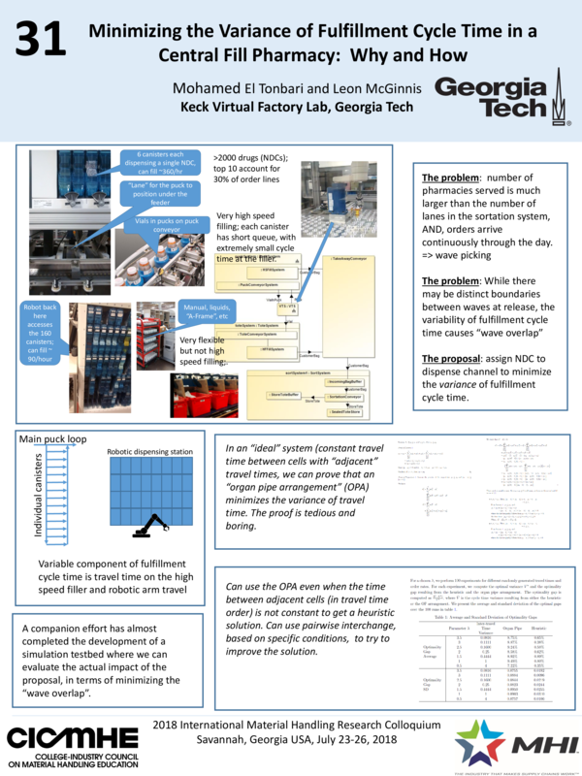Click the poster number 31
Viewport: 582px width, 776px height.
(x=40, y=40)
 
